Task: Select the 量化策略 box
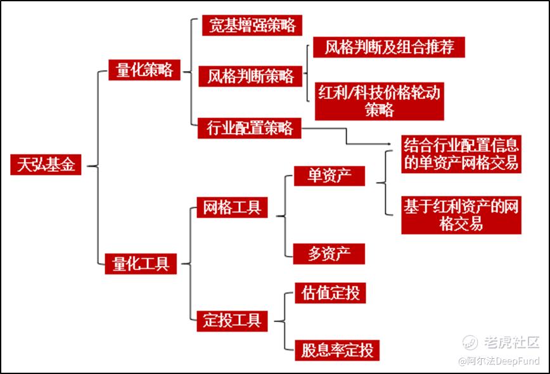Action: point(144,70)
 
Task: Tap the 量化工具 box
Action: point(141,262)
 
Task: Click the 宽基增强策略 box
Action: point(252,25)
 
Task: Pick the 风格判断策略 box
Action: point(250,76)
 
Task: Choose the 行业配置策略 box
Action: point(250,127)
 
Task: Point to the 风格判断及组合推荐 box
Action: point(389,47)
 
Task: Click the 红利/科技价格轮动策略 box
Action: point(379,101)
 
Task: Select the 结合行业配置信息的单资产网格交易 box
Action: point(461,153)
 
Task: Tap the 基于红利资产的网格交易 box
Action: point(461,215)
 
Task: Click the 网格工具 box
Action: point(231,207)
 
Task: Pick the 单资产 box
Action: point(329,176)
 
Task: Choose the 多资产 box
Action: point(329,253)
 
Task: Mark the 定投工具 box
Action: point(232,319)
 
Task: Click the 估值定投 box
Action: point(330,293)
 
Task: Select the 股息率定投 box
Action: point(337,349)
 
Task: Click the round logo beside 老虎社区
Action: point(470,343)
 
